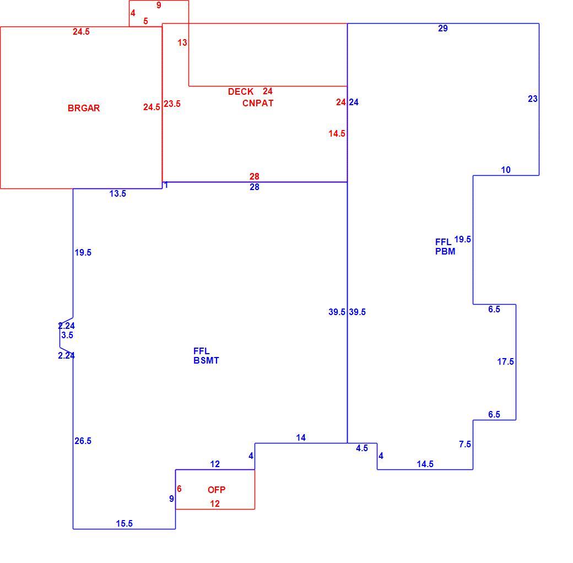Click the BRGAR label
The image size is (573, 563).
[84, 108]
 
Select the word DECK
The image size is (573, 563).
[241, 91]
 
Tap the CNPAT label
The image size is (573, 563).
[258, 104]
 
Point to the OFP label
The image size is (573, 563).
[217, 490]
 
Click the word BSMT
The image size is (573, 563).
[207, 361]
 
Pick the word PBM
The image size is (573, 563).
[445, 251]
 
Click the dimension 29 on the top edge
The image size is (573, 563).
[443, 29]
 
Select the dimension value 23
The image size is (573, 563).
[533, 99]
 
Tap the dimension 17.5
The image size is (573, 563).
[505, 362]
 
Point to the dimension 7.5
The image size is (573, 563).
[465, 444]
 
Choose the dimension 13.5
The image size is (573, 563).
[118, 194]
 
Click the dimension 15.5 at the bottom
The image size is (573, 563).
[125, 523]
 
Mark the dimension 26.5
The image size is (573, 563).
[83, 441]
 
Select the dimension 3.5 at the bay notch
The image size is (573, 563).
[67, 335]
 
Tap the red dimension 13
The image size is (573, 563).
[182, 43]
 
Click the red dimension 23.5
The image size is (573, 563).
[172, 104]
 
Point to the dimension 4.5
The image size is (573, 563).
[362, 448]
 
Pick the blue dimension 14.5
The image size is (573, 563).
[425, 464]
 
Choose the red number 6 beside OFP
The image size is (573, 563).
[179, 489]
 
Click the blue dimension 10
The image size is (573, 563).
[506, 170]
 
